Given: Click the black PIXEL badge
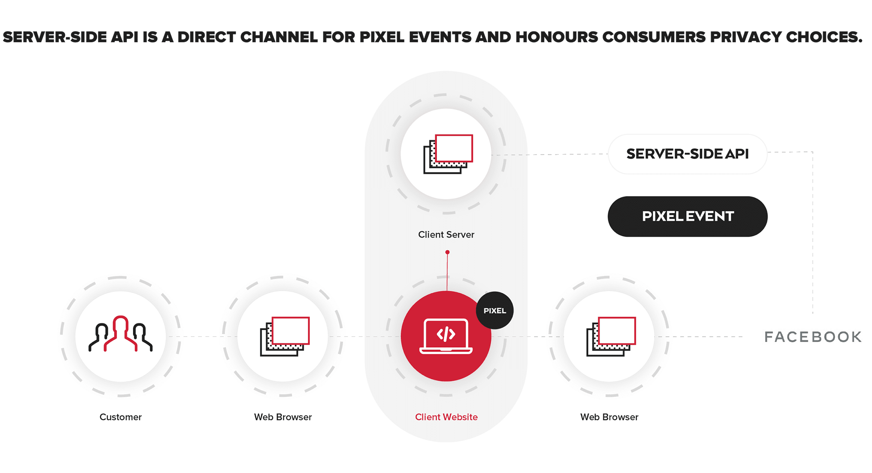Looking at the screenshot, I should click(495, 310).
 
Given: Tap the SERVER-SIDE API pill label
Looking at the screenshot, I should click(687, 154).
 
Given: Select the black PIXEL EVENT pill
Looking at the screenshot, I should click(687, 216).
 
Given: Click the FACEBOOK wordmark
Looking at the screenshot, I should click(813, 337).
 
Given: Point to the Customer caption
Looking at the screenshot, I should click(120, 417).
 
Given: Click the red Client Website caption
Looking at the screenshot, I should click(446, 417).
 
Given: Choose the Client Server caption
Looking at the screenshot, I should click(446, 235).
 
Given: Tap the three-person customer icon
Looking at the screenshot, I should click(120, 334).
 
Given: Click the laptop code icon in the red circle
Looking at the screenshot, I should click(446, 336).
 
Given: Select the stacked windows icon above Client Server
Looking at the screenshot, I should click(448, 154).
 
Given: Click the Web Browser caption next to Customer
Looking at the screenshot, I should click(283, 417).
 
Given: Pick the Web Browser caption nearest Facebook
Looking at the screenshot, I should click(609, 417).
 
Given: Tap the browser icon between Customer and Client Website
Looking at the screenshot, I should click(285, 336).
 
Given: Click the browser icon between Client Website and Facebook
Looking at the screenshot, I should click(611, 336).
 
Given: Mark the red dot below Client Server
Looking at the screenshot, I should click(447, 252).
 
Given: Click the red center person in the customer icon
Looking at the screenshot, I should click(120, 332).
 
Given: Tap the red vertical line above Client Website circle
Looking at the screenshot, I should click(447, 272).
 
